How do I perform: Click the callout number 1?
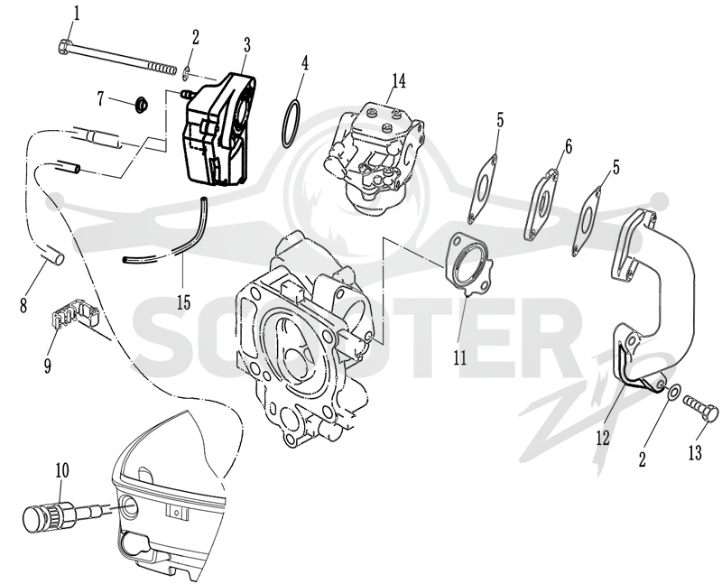pyautogui.click(x=76, y=14)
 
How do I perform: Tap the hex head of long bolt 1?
pyautogui.click(x=65, y=47)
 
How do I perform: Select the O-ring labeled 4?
pyautogui.click(x=292, y=125)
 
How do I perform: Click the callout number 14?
pyautogui.click(x=398, y=80)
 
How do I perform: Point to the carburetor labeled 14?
pyautogui.click(x=375, y=159)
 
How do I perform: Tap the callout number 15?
pyautogui.click(x=183, y=302)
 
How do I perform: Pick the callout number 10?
pyautogui.click(x=62, y=470)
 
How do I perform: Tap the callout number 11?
pyautogui.click(x=459, y=357)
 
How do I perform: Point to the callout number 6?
pyautogui.click(x=569, y=147)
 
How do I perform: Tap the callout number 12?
pyautogui.click(x=602, y=438)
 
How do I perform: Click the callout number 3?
pyautogui.click(x=246, y=45)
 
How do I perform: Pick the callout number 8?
pyautogui.click(x=23, y=305)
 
